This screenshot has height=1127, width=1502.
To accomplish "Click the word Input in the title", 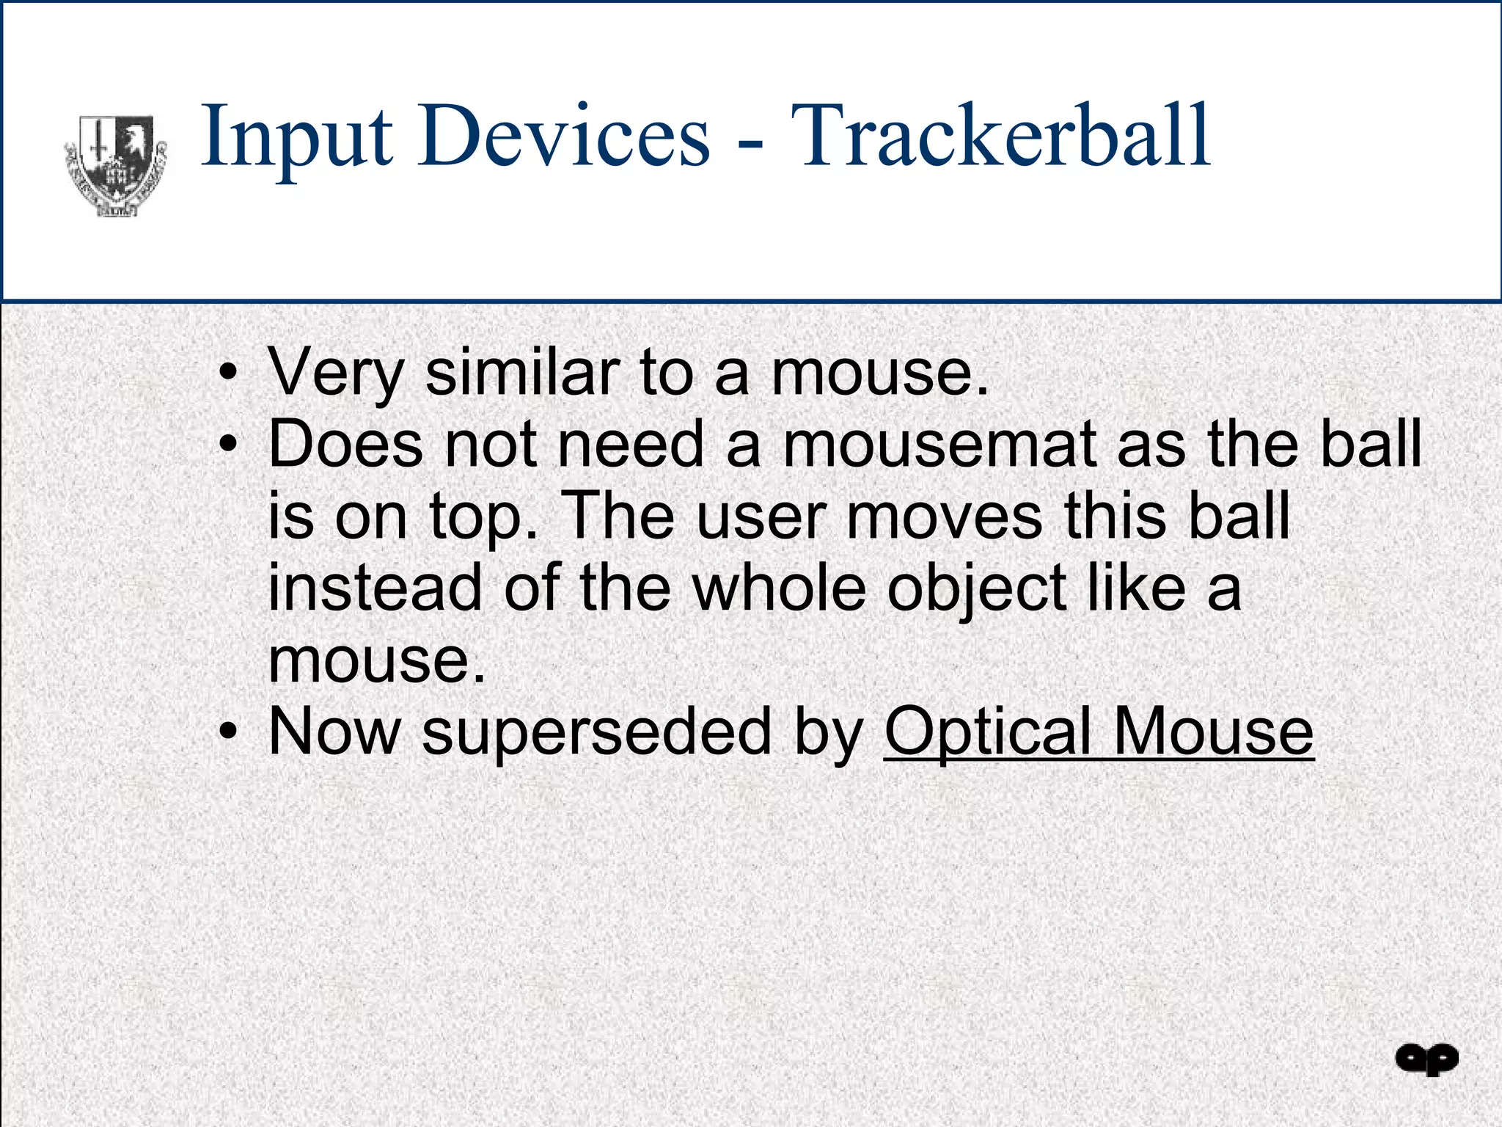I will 296,137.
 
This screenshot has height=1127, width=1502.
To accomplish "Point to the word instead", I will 375,588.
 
